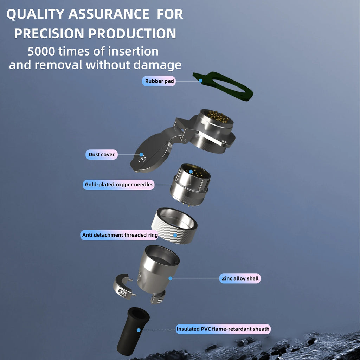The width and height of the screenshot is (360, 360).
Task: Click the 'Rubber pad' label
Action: tap(159, 81)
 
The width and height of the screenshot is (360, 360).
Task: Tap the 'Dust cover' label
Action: tap(102, 155)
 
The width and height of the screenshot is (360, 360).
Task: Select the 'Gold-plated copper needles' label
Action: tap(119, 185)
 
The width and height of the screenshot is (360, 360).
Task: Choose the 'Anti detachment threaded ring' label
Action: tap(120, 235)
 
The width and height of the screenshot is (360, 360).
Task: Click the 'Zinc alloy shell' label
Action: tap(240, 278)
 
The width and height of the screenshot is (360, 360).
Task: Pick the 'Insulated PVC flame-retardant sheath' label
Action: tap(223, 329)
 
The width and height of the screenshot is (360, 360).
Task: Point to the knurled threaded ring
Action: tap(174, 226)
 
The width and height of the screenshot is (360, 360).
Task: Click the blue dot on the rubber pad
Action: tap(201, 81)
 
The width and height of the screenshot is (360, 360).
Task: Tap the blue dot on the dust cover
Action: tap(141, 155)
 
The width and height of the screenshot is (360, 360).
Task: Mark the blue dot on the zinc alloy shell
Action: tap(171, 278)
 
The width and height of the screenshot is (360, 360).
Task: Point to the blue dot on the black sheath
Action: tap(139, 330)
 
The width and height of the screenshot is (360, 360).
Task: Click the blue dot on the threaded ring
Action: tap(175, 235)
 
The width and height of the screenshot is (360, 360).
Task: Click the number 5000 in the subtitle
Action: tap(41, 51)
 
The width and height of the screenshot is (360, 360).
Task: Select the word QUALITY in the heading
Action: tap(36, 14)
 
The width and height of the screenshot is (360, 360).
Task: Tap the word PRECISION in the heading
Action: tap(49, 33)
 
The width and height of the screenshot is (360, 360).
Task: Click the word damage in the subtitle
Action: tap(157, 65)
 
